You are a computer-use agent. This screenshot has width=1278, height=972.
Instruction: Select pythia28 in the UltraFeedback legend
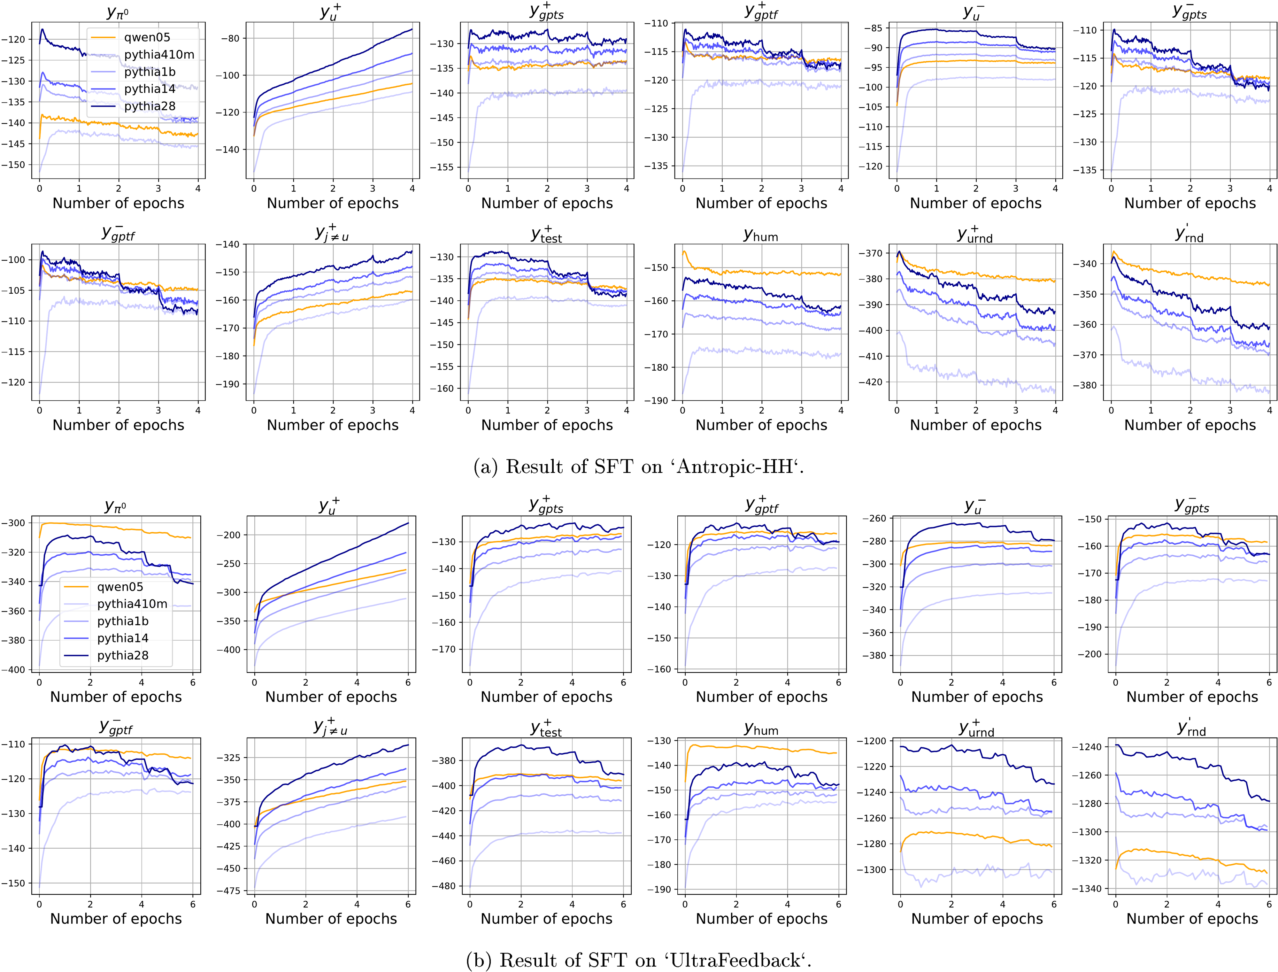123,656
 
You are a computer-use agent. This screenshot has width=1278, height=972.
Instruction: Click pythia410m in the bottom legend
132,604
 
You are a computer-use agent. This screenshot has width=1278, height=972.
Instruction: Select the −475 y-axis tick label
228,891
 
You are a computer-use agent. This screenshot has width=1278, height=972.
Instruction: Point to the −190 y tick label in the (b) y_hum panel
658,890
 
